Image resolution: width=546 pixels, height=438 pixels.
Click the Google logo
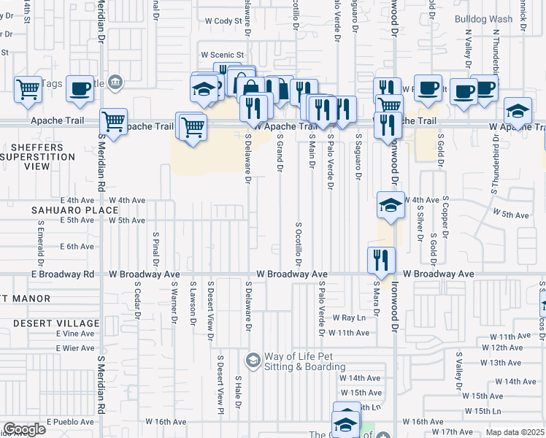click(23, 429)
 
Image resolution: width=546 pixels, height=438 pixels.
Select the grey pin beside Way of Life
click(253, 360)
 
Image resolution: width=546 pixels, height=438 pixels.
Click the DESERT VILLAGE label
click(50, 323)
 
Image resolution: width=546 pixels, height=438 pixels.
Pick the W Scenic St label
click(222, 55)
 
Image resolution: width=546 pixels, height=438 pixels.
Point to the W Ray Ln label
click(349, 318)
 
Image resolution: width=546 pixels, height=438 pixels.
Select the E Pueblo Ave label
click(70, 422)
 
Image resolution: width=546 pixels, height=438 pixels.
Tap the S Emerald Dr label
click(41, 241)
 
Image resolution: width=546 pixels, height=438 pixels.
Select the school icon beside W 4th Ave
click(391, 205)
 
